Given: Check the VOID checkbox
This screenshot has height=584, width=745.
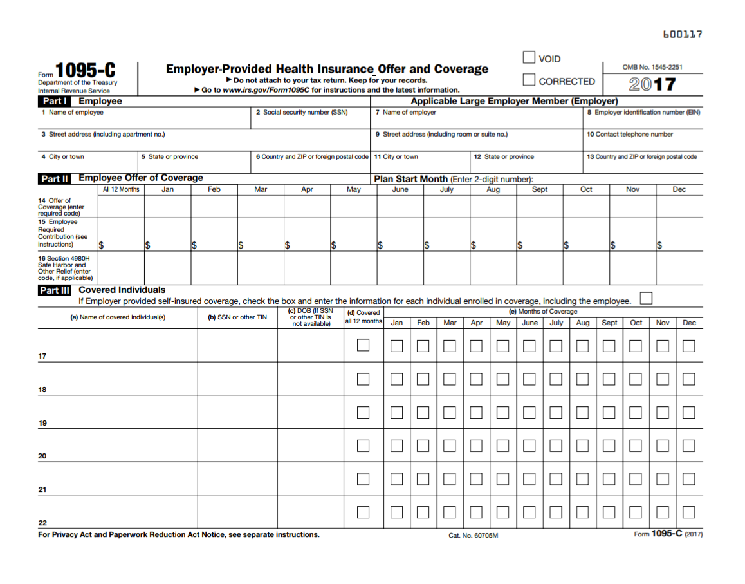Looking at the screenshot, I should (529, 58).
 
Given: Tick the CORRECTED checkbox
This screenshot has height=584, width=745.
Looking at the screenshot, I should (529, 80).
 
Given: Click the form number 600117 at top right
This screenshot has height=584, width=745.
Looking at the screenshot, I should (683, 34).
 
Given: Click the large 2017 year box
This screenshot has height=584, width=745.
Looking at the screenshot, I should (652, 84).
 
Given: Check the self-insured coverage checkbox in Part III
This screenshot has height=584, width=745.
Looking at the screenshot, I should (646, 297).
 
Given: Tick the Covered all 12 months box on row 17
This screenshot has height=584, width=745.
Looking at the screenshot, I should (363, 345).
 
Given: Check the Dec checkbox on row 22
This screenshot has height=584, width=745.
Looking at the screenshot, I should (689, 513).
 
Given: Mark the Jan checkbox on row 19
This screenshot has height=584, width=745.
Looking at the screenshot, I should (397, 412).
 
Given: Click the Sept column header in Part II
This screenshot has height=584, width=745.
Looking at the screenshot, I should (540, 189).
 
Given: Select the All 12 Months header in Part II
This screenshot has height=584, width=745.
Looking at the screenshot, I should (121, 189).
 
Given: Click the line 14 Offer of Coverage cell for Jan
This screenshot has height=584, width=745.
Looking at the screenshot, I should (167, 207).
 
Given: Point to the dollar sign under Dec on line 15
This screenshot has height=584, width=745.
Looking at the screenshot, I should (659, 245).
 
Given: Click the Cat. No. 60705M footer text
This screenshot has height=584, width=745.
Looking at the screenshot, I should (474, 536).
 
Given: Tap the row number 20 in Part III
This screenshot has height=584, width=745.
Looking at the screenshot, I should (42, 457).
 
